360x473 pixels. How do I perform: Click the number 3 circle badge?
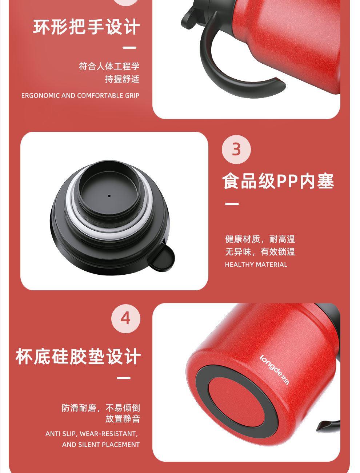[236, 150]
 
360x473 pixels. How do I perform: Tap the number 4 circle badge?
[126, 318]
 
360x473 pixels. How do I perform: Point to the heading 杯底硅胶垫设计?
[78, 356]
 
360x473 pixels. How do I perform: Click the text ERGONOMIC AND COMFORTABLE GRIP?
[80, 95]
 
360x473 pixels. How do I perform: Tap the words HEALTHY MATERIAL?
[256, 265]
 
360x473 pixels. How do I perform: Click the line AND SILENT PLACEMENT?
[101, 445]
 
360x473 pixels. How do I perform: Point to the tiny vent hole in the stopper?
[109, 196]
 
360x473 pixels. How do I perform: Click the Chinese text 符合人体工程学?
[109, 66]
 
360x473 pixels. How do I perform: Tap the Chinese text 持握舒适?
[122, 79]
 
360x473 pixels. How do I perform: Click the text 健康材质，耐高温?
[260, 239]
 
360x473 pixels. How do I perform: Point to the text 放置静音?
[123, 419]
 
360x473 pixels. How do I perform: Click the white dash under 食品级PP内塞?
[232, 204]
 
